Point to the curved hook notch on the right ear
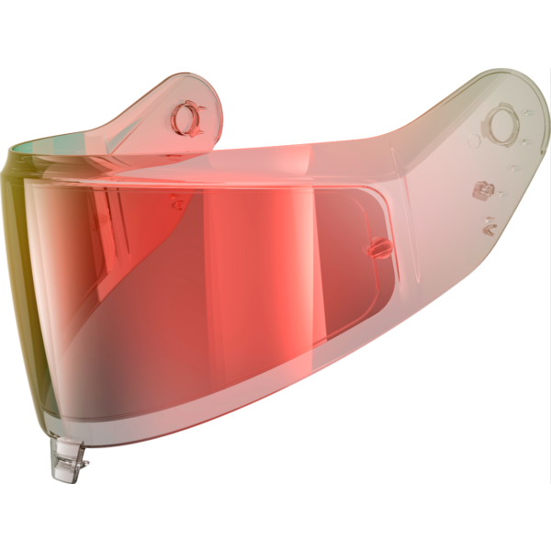[x=490, y=222]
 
